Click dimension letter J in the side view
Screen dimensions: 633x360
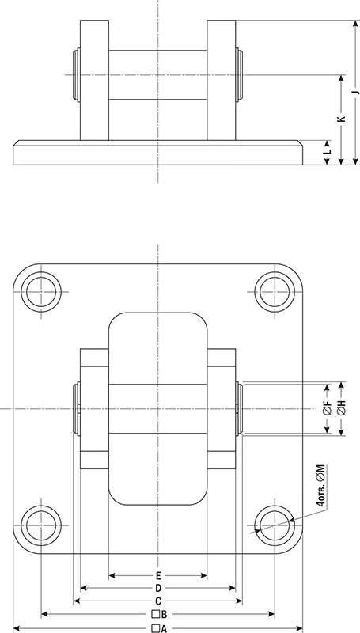click(x=355, y=93)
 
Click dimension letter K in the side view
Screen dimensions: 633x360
click(x=340, y=119)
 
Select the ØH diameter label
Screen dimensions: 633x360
click(x=341, y=409)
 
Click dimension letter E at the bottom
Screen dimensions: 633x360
click(x=158, y=574)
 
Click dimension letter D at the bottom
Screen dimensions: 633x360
click(x=158, y=588)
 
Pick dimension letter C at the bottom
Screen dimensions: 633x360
click(x=158, y=601)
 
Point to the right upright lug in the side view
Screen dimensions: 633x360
click(x=222, y=79)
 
